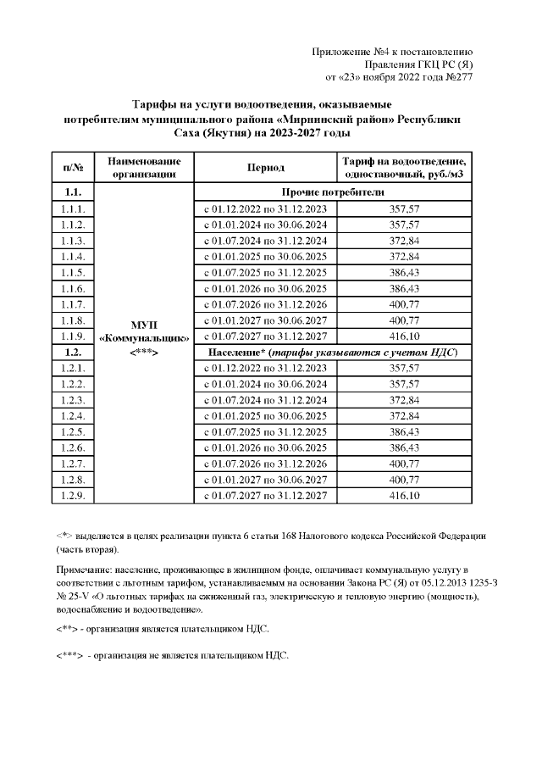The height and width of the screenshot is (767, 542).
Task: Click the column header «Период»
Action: coord(265,167)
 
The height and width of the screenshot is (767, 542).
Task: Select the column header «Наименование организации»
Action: coord(141,167)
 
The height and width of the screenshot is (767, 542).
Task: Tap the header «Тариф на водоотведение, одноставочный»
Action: coord(404,167)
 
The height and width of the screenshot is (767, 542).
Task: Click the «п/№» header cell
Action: coord(73,167)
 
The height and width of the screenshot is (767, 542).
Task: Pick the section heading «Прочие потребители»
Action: coord(336,192)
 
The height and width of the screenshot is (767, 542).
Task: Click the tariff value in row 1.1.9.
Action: coord(404,336)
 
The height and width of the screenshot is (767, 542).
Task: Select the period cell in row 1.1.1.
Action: coord(265,208)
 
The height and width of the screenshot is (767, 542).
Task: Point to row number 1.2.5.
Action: coord(73,432)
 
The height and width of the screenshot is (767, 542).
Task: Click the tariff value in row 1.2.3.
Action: coord(404,400)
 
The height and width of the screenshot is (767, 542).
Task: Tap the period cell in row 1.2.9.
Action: coord(265,496)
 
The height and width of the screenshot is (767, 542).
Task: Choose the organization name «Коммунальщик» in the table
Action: coord(141,336)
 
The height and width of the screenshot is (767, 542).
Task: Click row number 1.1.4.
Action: coord(73,256)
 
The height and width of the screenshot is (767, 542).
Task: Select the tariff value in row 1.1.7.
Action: coord(404,304)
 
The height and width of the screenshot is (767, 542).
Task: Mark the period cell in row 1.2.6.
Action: coord(265,447)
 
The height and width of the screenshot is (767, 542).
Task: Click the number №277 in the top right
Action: coord(457,77)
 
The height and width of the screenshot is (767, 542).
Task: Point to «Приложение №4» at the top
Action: coord(350,52)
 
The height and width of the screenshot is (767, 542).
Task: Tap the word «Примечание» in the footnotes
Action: coord(85,563)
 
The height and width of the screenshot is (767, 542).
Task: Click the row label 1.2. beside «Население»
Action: coord(73,352)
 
